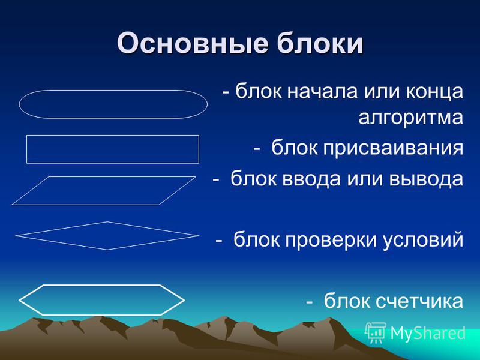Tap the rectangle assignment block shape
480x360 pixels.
[113, 136]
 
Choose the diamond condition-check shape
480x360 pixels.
[107, 222]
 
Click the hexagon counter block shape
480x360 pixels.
[101, 286]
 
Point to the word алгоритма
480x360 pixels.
[411, 118]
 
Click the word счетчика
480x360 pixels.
[419, 301]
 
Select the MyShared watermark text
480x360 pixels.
[428, 333]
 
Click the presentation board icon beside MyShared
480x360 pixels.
[376, 332]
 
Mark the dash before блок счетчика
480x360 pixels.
[310, 302]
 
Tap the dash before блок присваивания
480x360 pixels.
[257, 149]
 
